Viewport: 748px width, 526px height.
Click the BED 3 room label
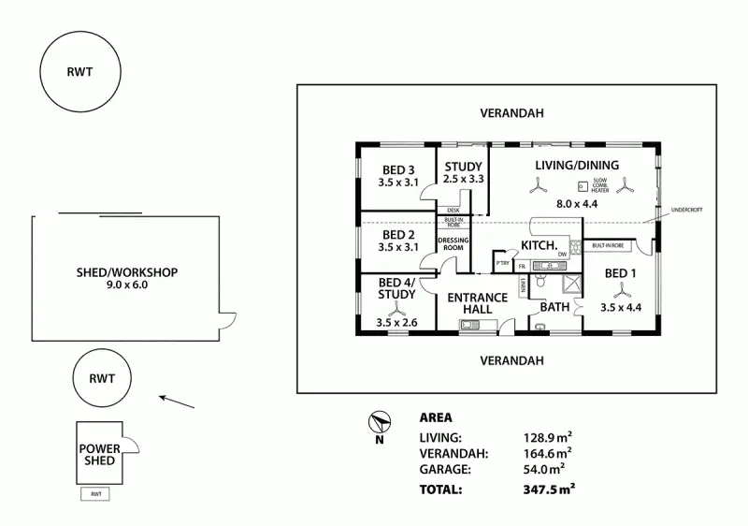point(397,169)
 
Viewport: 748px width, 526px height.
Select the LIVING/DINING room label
point(577,166)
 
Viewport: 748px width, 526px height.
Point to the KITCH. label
point(538,246)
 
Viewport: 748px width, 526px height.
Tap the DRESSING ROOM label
point(453,243)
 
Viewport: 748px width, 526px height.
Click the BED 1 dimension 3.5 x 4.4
point(621,307)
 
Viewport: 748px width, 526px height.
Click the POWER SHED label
point(97,454)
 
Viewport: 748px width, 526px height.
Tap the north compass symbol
point(380,422)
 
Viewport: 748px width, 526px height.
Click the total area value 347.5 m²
point(549,488)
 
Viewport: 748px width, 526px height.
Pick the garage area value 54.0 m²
point(546,469)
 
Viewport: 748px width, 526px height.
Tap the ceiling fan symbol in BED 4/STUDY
point(396,312)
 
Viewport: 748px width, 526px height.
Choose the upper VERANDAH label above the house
point(511,113)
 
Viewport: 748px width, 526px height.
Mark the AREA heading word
point(436,418)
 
